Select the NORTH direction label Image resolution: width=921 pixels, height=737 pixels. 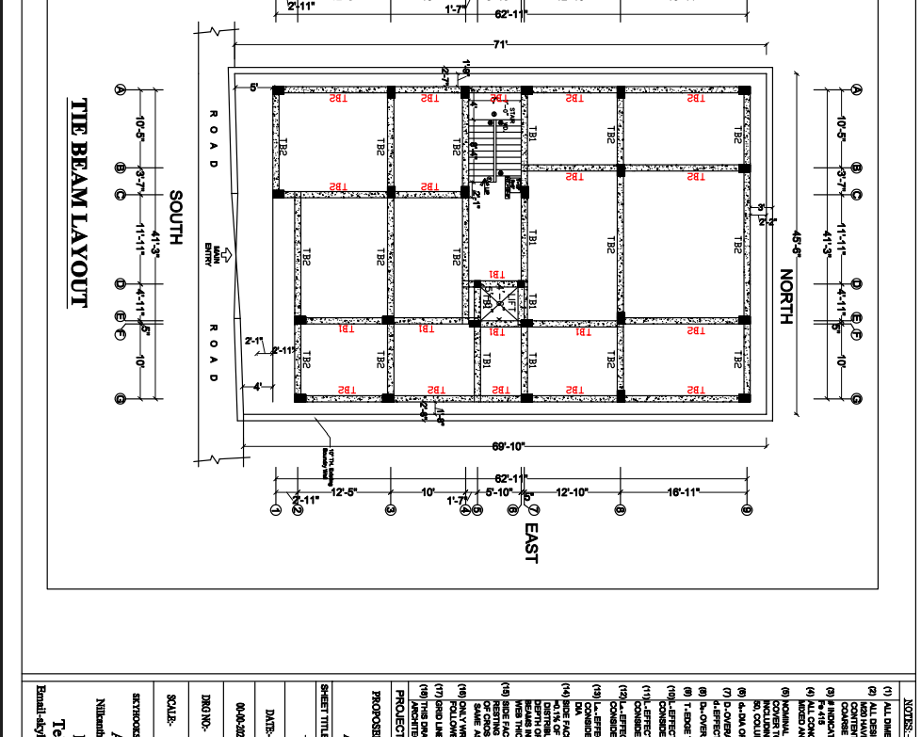[786, 296]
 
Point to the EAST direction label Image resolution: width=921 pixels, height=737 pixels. [530, 543]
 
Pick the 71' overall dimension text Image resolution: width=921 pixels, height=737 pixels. [500, 44]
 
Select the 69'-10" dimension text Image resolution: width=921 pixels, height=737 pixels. [508, 446]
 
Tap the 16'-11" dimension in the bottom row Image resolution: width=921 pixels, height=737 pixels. [685, 492]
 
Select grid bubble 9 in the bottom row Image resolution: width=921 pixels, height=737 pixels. [746, 510]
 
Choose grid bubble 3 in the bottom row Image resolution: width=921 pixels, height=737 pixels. [391, 510]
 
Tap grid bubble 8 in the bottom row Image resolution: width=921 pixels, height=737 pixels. [621, 510]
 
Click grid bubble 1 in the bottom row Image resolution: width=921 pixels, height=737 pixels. [275, 510]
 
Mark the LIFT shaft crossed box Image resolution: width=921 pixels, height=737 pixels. [493, 303]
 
